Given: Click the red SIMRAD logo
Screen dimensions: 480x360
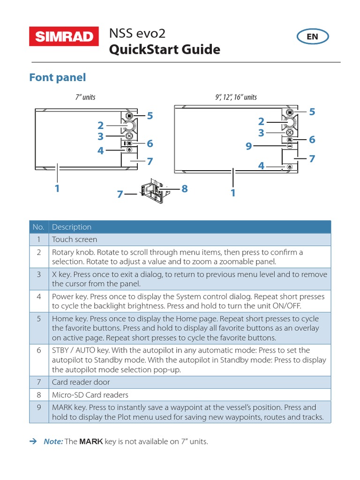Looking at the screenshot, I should [x=64, y=37].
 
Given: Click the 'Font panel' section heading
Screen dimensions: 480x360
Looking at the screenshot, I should [x=57, y=77].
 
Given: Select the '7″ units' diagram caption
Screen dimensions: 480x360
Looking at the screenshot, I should [x=85, y=97].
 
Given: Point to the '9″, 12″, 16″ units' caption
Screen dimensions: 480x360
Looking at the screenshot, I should [x=236, y=97].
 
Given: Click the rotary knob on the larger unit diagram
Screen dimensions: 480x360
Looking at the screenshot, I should [x=290, y=123].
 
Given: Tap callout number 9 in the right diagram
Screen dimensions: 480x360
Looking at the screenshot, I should [x=249, y=147].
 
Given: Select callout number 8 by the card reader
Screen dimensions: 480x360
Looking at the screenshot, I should [x=184, y=188].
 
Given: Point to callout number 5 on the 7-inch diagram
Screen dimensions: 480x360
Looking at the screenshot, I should [x=150, y=116].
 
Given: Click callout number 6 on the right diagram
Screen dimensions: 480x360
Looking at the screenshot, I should [x=312, y=140].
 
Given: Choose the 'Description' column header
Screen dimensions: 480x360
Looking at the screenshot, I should [x=72, y=227].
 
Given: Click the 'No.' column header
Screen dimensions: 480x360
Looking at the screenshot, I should [x=39, y=227].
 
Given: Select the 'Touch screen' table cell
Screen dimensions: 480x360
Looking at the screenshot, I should [x=75, y=240].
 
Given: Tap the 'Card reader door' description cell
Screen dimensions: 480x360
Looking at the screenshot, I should [x=80, y=382].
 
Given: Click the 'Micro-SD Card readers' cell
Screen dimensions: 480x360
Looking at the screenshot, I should [x=90, y=395].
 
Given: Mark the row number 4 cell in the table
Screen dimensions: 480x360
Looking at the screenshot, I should [x=39, y=297].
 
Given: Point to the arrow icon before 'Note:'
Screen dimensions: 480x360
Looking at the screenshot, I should [x=33, y=442].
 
